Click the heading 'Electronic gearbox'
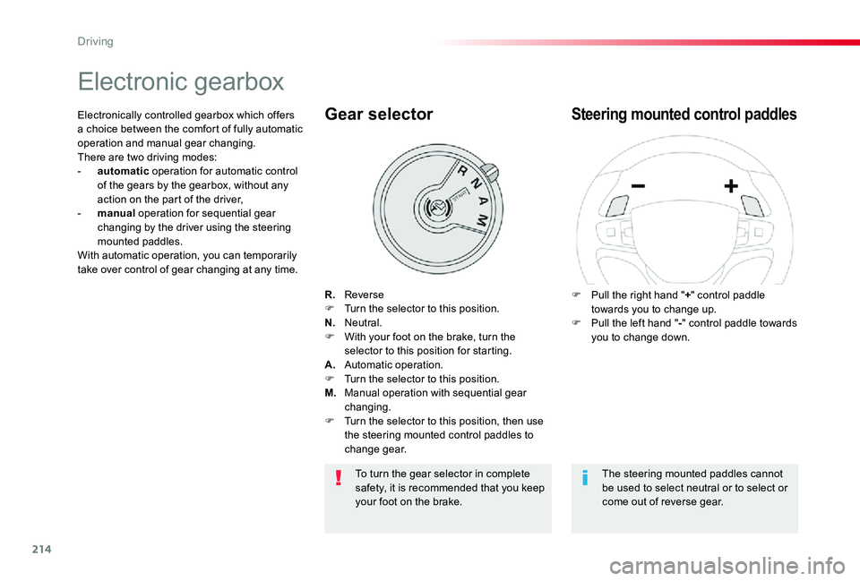tap(181, 82)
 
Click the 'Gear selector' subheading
tap(379, 115)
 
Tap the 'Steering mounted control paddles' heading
tap(684, 115)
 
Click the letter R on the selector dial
tap(461, 172)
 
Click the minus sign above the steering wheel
tap(640, 186)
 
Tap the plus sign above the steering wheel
tap(731, 186)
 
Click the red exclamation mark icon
tap(339, 478)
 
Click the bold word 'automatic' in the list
tap(123, 171)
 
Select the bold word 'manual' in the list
tap(116, 213)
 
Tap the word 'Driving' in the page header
tap(95, 41)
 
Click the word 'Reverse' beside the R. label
tap(364, 294)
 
